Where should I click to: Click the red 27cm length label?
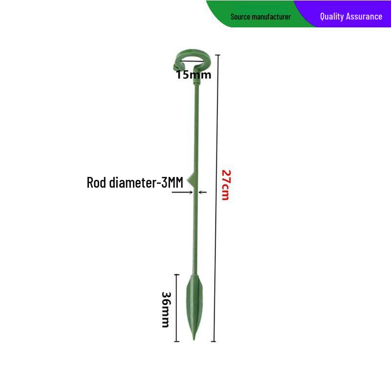[x=226, y=185]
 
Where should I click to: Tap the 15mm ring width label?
[x=194, y=75]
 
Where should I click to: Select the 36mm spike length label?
[x=166, y=309]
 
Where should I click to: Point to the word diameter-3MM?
[x=146, y=182]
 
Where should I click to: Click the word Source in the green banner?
[x=240, y=17]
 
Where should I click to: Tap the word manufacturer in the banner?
[x=271, y=17]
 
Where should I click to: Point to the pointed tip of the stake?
[x=194, y=340]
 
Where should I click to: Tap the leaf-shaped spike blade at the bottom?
[x=194, y=307]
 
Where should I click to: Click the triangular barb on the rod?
[x=190, y=178]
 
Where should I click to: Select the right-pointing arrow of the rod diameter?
[x=182, y=192]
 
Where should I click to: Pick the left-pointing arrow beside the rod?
[x=202, y=192]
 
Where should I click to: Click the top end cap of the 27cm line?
[x=217, y=55]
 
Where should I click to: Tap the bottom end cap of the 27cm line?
[x=214, y=341]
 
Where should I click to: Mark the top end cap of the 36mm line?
[x=176, y=275]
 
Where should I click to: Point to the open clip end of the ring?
[x=176, y=67]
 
